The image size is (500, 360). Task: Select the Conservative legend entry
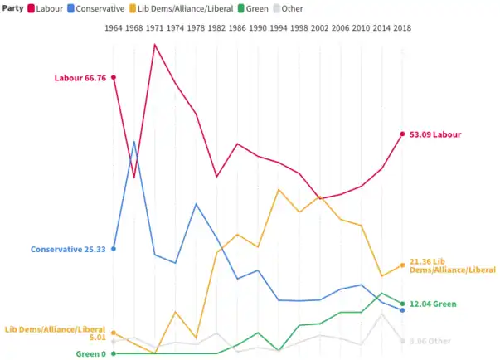click(102, 7)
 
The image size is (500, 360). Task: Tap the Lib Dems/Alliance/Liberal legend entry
click(192, 7)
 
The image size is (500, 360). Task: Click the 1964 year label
click(114, 27)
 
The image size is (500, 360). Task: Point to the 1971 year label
click(155, 27)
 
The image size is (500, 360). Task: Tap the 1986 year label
click(237, 27)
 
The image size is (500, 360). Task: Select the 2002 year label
click(319, 27)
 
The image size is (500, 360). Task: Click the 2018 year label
click(402, 27)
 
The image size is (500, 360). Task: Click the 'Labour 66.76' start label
click(80, 78)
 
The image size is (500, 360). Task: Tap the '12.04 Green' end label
click(433, 304)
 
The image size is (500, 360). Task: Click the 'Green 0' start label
click(91, 354)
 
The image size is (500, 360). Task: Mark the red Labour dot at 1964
click(114, 77)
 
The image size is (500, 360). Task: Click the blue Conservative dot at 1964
click(114, 248)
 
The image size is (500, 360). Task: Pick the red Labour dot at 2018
click(402, 134)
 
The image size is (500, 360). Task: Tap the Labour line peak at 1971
click(155, 44)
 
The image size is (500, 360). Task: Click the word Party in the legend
click(12, 7)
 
